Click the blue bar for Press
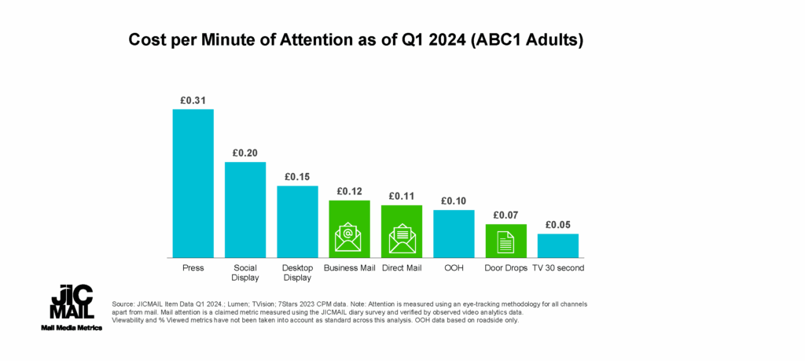point(193,183)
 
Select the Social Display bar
point(245,209)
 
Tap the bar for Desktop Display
point(298,221)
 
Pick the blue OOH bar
point(454,234)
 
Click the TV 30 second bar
point(558,245)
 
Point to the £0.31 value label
point(193,101)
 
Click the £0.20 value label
point(245,153)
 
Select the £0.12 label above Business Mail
point(350,192)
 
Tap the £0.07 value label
point(505,215)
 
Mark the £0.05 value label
point(558,225)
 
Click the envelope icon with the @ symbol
point(348,237)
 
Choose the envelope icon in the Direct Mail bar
point(402,238)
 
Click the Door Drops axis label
point(505,268)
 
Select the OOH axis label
point(454,268)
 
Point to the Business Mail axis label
point(350,268)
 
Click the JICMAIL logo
point(72,301)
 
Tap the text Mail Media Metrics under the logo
point(72,328)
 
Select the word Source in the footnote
point(120,304)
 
